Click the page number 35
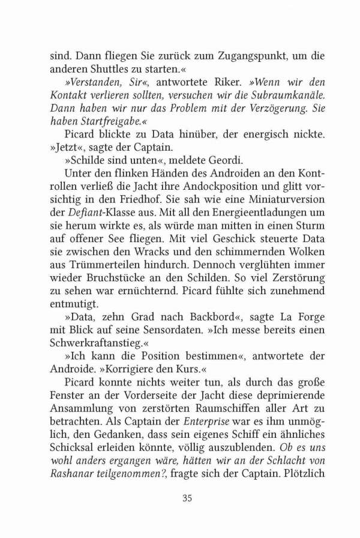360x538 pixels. pyautogui.click(x=187, y=497)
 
